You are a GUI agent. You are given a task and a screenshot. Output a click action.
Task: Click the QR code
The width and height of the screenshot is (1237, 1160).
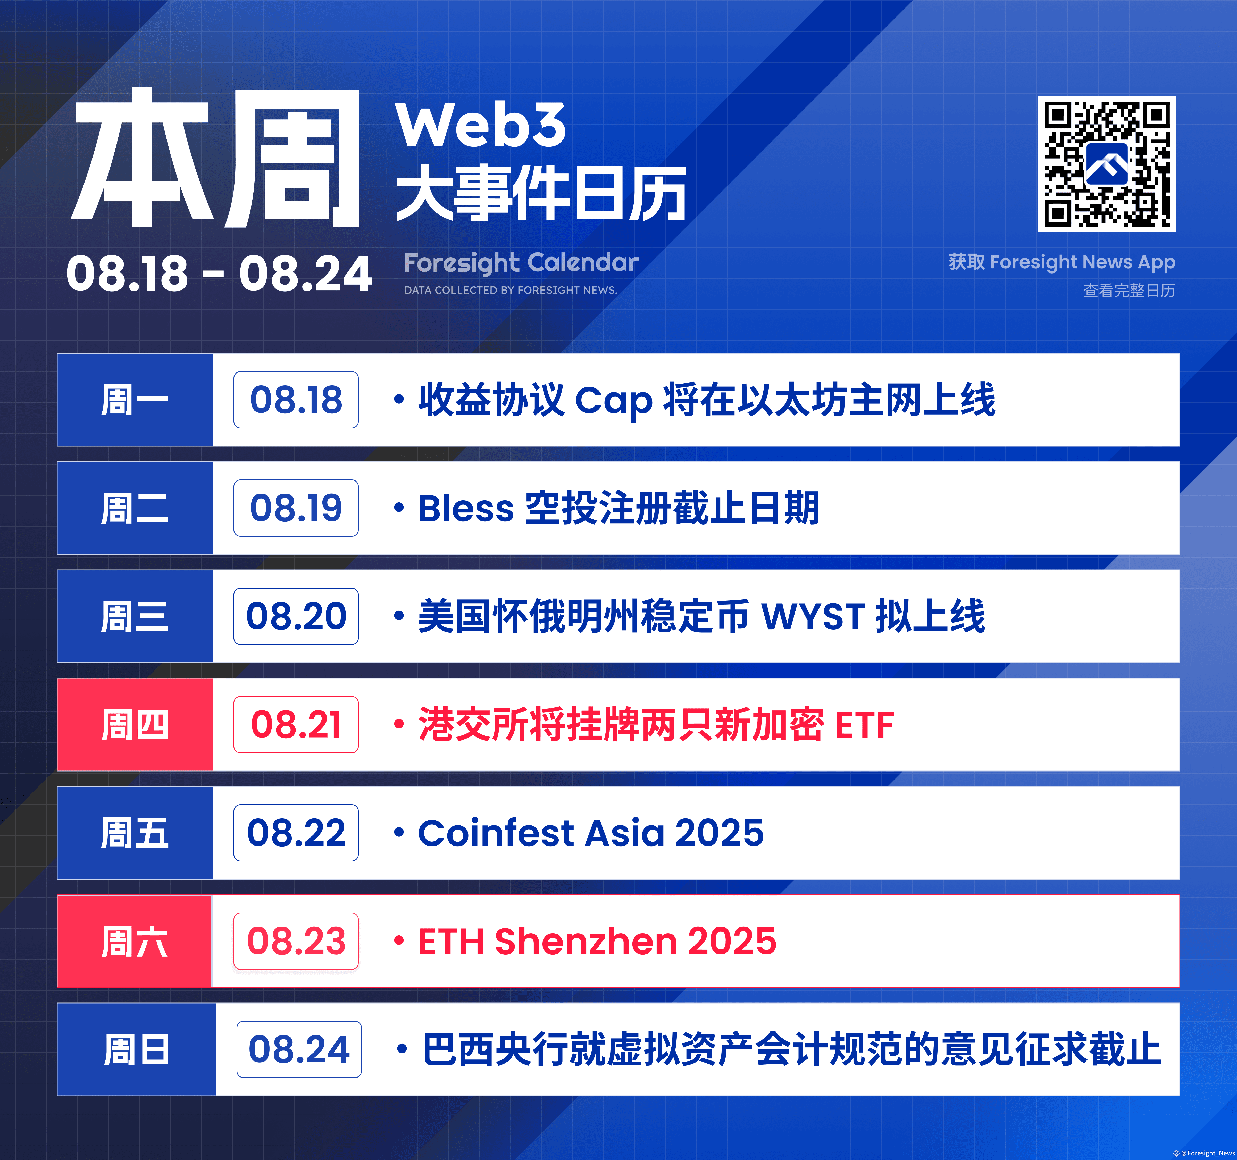click(x=1106, y=164)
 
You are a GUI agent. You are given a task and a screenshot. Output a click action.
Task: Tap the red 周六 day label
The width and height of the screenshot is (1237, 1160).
click(x=135, y=941)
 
